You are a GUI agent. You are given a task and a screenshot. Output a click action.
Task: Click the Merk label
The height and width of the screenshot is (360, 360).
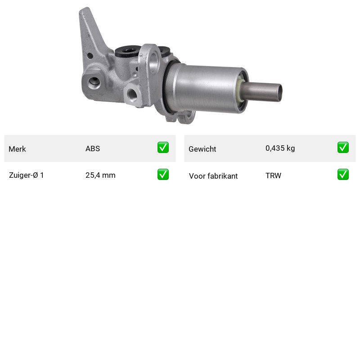click(x=17, y=149)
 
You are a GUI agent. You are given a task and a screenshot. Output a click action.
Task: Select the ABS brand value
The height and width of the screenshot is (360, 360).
click(x=93, y=148)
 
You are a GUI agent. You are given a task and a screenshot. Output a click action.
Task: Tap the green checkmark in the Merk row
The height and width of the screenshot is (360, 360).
click(x=163, y=148)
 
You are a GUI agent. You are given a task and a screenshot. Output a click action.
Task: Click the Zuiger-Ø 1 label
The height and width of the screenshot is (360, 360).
click(x=26, y=175)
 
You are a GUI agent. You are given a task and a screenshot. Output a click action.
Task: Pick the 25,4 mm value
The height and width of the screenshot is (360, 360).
click(x=100, y=175)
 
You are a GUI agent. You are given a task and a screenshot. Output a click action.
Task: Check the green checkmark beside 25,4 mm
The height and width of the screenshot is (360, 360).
click(x=163, y=175)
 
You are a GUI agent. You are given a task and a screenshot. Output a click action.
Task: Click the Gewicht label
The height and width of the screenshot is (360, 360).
click(x=202, y=149)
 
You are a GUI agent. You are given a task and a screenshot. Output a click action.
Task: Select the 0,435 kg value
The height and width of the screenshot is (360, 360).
click(x=280, y=148)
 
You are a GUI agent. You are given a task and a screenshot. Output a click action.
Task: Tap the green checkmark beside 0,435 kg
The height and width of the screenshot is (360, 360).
click(x=343, y=148)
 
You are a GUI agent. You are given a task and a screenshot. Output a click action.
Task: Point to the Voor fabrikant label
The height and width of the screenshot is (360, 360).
click(x=213, y=176)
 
